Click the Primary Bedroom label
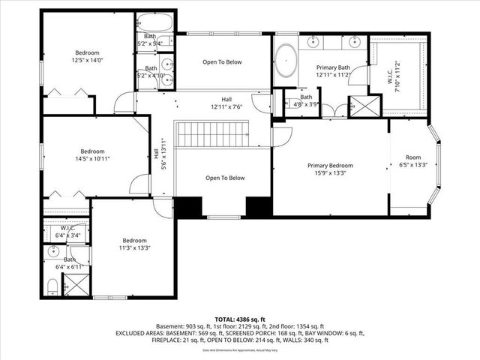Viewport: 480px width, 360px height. [x=330, y=166]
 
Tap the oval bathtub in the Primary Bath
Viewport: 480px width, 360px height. [x=286, y=61]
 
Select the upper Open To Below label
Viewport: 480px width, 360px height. [x=223, y=62]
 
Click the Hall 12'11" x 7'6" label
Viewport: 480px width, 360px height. [x=226, y=103]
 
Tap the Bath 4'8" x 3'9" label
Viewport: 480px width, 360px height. [x=306, y=100]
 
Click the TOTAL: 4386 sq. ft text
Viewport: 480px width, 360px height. [x=239, y=319]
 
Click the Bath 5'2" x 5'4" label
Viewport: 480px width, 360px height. [x=150, y=40]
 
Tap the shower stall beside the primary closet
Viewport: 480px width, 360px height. [x=366, y=105]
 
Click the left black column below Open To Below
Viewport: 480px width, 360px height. [x=188, y=207]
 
